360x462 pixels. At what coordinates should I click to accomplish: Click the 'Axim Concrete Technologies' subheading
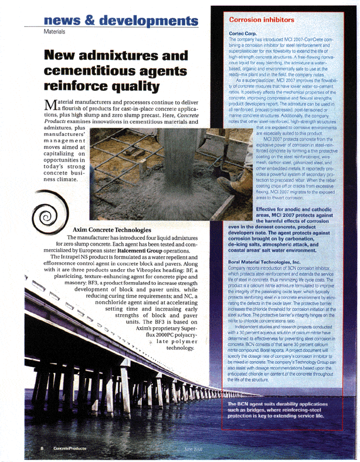pyautogui.click(x=121, y=229)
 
